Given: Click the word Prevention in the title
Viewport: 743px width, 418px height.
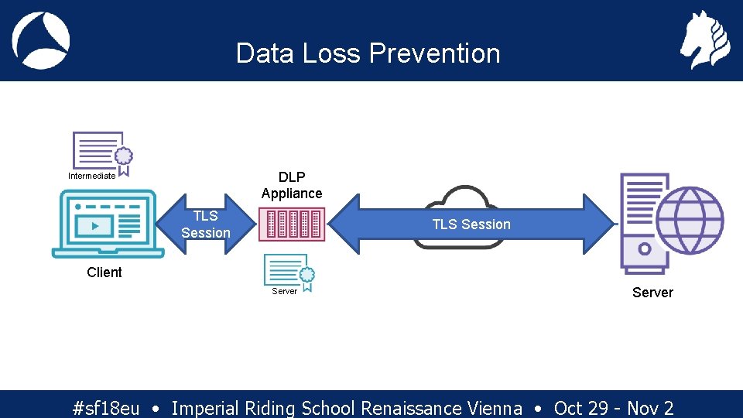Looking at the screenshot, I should click(434, 53).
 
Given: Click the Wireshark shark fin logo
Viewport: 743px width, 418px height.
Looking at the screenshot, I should click(41, 40).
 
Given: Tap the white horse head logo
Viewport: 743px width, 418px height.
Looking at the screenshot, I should click(704, 40).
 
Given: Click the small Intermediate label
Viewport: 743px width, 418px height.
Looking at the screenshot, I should click(91, 176).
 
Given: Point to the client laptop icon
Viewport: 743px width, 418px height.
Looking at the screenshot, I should click(108, 225).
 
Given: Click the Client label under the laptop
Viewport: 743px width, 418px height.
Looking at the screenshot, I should click(104, 272).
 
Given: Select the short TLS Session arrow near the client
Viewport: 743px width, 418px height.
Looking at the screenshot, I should click(206, 224).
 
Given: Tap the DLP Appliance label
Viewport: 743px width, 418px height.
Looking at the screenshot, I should click(292, 185).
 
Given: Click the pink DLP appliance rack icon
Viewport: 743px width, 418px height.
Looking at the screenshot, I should click(292, 224).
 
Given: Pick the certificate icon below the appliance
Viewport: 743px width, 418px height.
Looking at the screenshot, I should click(289, 272).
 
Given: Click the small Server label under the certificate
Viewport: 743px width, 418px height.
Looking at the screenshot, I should click(284, 292).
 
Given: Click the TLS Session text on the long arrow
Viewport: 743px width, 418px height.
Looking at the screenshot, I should click(471, 224).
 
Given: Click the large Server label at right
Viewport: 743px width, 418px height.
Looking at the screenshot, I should click(652, 293).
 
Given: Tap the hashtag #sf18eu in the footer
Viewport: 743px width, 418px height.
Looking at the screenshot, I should click(106, 408).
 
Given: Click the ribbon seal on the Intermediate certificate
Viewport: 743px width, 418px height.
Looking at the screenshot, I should click(123, 158).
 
